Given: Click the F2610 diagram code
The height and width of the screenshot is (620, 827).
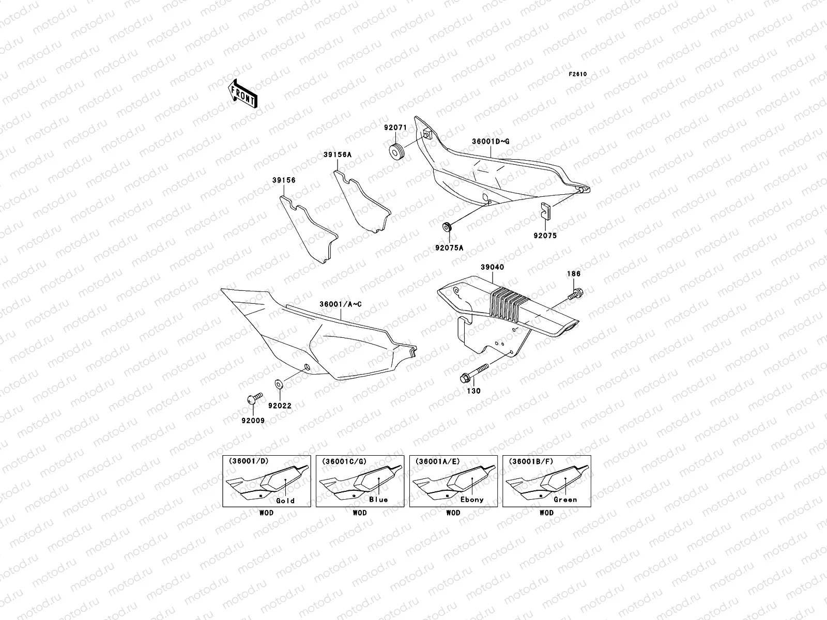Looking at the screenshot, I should pos(578,74).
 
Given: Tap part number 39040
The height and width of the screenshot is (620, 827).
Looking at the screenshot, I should pos(492,267).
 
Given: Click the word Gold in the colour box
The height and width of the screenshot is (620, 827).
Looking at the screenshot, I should pos(285,500).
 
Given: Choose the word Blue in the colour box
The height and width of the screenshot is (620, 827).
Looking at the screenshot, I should pos(378,500).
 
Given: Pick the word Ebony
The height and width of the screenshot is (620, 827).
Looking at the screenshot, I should pos(471,500).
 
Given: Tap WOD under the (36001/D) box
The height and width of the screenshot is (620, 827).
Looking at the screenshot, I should pos(266,513).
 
